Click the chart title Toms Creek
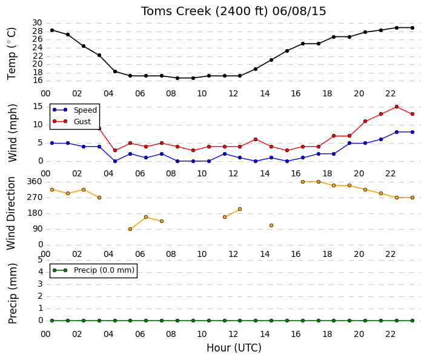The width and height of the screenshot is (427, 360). click(x=176, y=11)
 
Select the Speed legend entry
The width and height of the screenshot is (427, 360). click(x=75, y=110)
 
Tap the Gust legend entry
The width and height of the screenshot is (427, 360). click(x=71, y=122)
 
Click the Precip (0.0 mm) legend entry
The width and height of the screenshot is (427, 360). click(x=94, y=270)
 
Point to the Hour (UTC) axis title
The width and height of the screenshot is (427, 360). click(x=234, y=348)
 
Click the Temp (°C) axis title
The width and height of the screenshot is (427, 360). click(x=12, y=54)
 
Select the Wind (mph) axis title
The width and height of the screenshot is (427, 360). click(x=12, y=133)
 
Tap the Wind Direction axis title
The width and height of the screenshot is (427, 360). click(x=11, y=213)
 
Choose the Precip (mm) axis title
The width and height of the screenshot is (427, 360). click(x=13, y=293)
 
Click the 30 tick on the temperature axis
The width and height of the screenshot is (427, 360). click(x=38, y=23)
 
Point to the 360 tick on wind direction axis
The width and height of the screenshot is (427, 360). click(x=35, y=182)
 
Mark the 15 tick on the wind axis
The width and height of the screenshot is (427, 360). click(x=38, y=106)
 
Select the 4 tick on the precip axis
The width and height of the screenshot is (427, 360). click(x=41, y=272)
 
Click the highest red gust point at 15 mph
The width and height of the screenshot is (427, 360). click(x=397, y=107)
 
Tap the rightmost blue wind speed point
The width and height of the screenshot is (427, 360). click(x=412, y=132)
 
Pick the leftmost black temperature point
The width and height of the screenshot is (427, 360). click(x=52, y=30)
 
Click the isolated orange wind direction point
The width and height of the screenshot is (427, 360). click(x=271, y=225)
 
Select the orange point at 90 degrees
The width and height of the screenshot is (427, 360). click(x=130, y=229)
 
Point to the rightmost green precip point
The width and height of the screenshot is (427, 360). click(x=412, y=321)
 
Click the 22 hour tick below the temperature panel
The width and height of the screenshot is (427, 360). click(x=390, y=94)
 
